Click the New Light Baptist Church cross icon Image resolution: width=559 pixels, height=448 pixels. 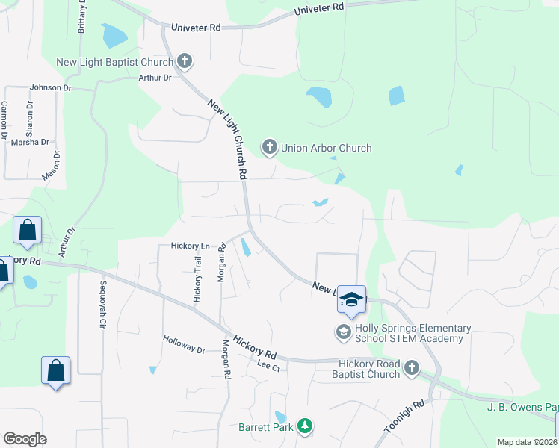[185, 60]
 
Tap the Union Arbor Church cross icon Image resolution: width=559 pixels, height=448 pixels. [269, 147]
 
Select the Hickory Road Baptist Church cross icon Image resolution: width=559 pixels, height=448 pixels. [410, 367]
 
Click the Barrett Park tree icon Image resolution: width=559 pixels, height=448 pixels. [304, 426]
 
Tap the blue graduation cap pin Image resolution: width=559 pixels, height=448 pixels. [350, 299]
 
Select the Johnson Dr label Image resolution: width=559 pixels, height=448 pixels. [50, 87]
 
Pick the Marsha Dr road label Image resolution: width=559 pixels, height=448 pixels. [30, 142]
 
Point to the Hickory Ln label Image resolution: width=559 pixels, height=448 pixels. [190, 246]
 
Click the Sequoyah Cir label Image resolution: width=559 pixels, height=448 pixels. [103, 305]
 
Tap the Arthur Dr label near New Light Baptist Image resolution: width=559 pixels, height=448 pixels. [155, 77]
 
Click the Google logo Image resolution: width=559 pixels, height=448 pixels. [25, 439]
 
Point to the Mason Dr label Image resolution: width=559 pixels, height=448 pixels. [51, 166]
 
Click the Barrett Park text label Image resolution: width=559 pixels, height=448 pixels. [267, 428]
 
